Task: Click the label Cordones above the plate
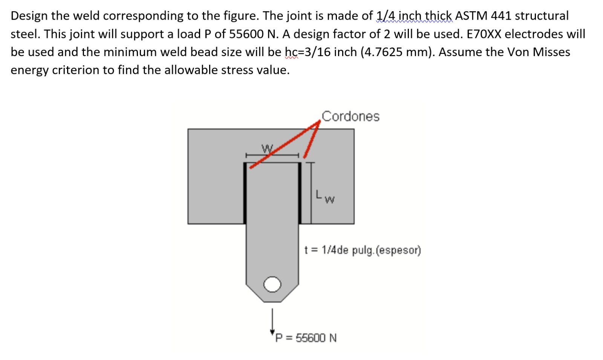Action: [350, 116]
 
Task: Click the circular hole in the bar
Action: [272, 284]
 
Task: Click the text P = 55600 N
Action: [306, 338]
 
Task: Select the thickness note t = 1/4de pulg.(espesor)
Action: [363, 250]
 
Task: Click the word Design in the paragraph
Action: [30, 16]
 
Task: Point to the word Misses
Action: [551, 52]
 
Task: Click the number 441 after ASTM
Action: [501, 16]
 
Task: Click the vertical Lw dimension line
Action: [311, 193]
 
